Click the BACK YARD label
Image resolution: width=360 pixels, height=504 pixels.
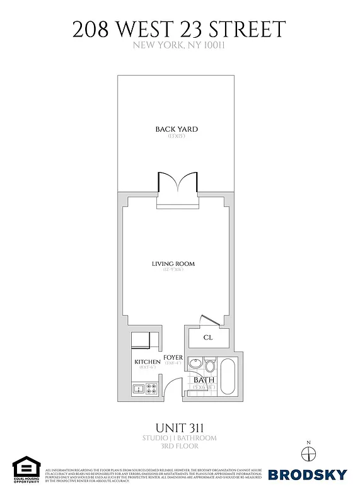click(177, 129)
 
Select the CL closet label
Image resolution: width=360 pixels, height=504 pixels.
click(208, 338)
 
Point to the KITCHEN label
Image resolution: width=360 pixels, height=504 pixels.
click(147, 362)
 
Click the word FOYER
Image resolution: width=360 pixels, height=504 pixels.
click(173, 358)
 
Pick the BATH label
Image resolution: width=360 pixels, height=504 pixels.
click(204, 380)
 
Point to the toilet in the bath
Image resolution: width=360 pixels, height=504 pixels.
click(210, 365)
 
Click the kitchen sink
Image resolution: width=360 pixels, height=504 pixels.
click(138, 389)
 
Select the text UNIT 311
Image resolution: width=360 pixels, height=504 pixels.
click(180, 427)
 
